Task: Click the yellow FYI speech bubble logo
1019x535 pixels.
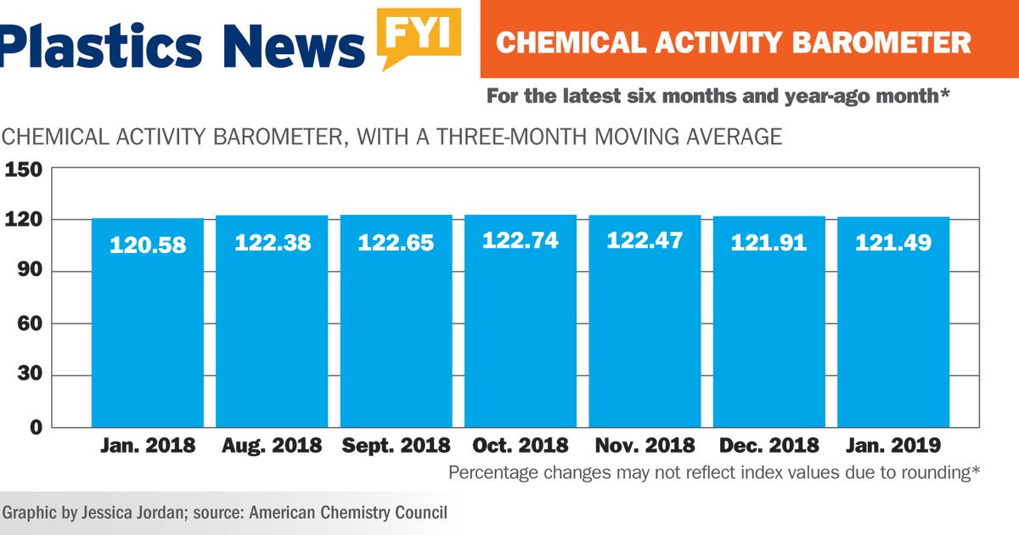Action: tap(420, 36)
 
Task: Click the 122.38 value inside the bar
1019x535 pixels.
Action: tap(272, 243)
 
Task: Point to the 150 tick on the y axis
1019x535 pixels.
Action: tap(24, 170)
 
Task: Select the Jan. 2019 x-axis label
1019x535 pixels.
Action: tap(893, 445)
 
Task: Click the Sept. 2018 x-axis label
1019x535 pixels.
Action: tap(396, 445)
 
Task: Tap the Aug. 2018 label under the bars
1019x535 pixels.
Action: tap(272, 445)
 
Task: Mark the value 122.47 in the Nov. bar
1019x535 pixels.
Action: tap(645, 240)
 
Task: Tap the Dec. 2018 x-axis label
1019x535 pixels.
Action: tap(769, 445)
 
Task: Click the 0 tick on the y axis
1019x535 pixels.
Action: tap(36, 427)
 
